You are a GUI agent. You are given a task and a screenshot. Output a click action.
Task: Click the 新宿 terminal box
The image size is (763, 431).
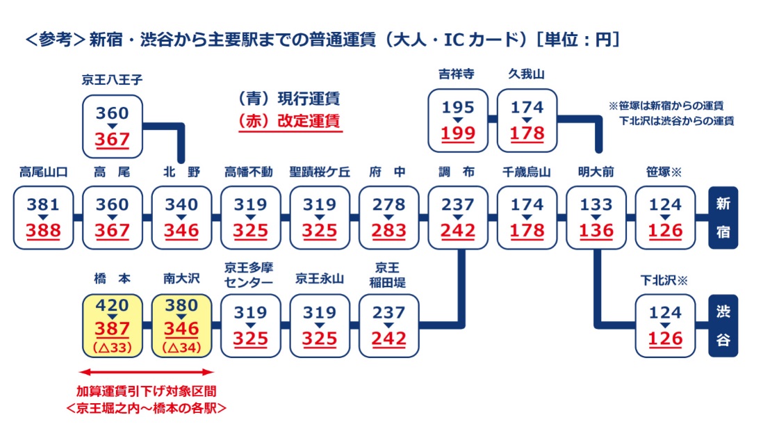pos(723,218)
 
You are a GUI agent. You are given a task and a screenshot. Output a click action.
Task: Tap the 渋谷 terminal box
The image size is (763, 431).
pos(723,325)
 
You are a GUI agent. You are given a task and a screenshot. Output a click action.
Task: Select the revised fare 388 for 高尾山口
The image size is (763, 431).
pos(43,230)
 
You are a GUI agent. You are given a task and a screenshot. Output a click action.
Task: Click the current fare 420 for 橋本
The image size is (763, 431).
pos(112,306)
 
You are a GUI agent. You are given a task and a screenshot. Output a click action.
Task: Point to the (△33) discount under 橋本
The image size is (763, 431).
pos(112,346)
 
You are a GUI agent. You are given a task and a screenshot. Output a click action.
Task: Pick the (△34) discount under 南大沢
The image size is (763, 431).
pos(181,346)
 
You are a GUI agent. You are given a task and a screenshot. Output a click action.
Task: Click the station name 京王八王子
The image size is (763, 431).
pos(112,80)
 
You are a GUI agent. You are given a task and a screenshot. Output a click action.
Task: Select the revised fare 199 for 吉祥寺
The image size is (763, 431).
pos(458,133)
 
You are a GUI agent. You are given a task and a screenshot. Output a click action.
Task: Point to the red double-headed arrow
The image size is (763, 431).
pos(147,373)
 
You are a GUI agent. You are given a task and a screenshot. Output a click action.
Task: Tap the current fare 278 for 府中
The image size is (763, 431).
pos(388,205)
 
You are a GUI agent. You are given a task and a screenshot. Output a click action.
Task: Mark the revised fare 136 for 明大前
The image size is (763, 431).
pos(596,230)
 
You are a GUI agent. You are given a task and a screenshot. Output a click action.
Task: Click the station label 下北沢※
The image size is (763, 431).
pos(664,281)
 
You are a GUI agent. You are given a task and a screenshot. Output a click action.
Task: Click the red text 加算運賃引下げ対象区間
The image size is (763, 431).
pos(147,391)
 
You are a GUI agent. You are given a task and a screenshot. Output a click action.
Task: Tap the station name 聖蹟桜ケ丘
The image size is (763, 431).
pos(320,172)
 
